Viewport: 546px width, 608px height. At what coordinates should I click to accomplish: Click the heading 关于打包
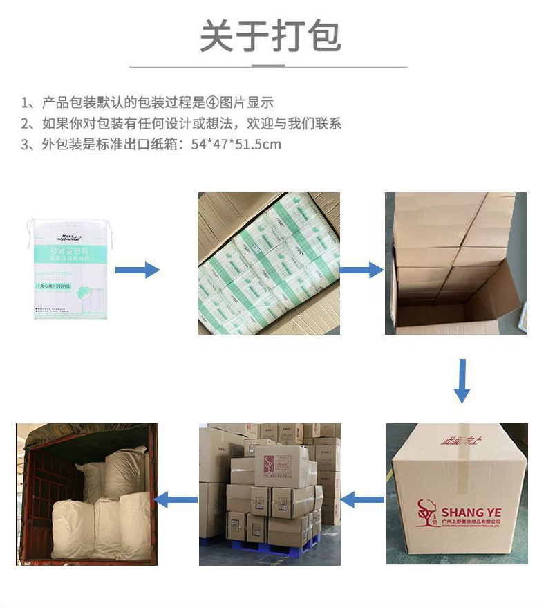(270, 36)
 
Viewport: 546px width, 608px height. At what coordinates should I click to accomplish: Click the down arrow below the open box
(462, 381)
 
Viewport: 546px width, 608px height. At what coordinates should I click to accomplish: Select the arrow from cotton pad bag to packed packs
(137, 269)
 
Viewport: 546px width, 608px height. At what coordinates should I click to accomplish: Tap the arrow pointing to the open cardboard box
(362, 269)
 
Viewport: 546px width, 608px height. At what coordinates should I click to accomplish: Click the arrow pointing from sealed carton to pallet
(363, 499)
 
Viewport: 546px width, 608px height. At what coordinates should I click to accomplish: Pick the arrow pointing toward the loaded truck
(176, 499)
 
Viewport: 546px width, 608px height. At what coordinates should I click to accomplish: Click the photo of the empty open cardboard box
(455, 264)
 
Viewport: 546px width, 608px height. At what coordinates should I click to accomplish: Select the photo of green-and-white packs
(269, 264)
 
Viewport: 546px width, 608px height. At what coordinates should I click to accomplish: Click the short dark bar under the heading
(268, 67)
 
